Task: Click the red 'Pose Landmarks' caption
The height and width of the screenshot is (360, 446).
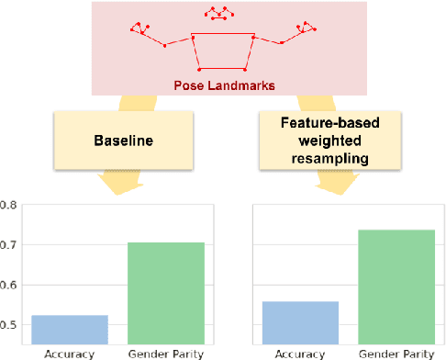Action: click(222, 85)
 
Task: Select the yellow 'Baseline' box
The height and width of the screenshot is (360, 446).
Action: click(123, 142)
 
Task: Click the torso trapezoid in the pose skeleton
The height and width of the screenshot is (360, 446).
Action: click(222, 52)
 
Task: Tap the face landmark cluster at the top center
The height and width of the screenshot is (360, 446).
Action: click(218, 13)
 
